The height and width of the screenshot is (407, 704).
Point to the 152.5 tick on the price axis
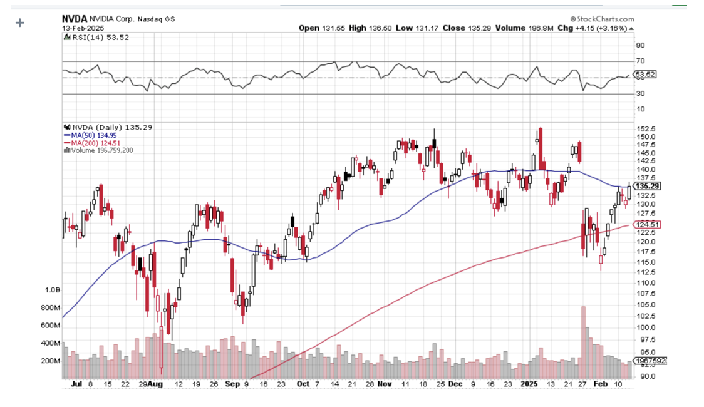[x=645, y=130]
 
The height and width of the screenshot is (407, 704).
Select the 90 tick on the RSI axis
[x=640, y=45]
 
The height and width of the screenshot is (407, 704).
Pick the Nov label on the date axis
[x=386, y=383]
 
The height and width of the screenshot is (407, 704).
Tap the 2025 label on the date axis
[x=529, y=383]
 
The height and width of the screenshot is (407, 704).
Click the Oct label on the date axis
[x=303, y=383]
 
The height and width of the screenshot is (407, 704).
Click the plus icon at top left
[x=19, y=23]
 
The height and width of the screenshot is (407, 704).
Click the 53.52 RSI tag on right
[x=645, y=75]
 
